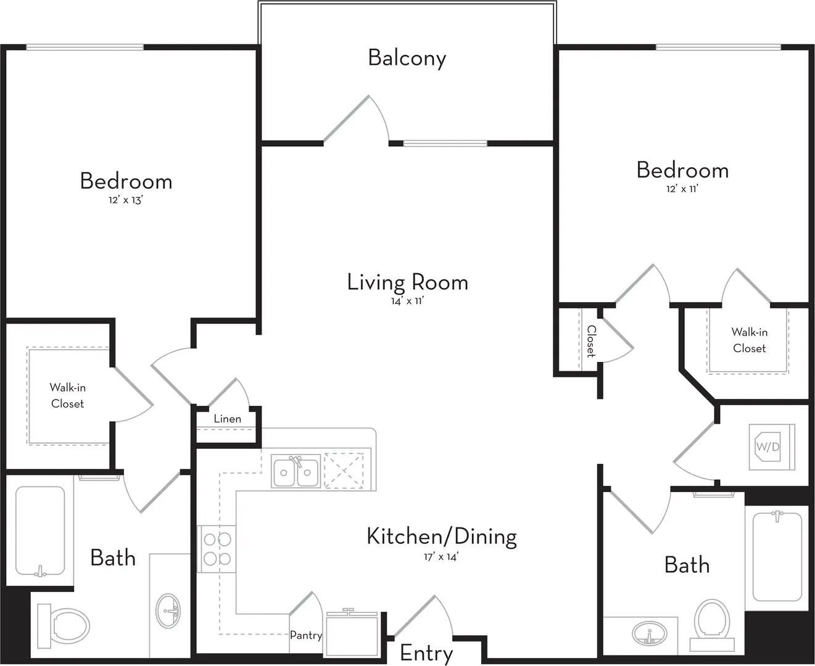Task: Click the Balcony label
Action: (407, 59)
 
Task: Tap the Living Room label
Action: (408, 282)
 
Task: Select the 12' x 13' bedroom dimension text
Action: (126, 200)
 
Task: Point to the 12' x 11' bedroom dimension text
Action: (682, 189)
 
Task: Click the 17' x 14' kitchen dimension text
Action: (441, 557)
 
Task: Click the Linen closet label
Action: (227, 419)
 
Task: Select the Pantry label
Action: (306, 636)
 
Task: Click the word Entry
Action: (426, 654)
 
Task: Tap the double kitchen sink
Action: (296, 471)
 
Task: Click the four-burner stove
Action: (217, 549)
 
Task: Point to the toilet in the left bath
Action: (64, 626)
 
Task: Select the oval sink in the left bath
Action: (168, 611)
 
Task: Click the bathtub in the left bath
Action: (40, 531)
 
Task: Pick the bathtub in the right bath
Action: (777, 557)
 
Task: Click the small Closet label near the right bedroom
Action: (592, 341)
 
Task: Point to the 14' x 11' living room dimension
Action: (408, 301)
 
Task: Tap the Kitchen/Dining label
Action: (442, 536)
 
